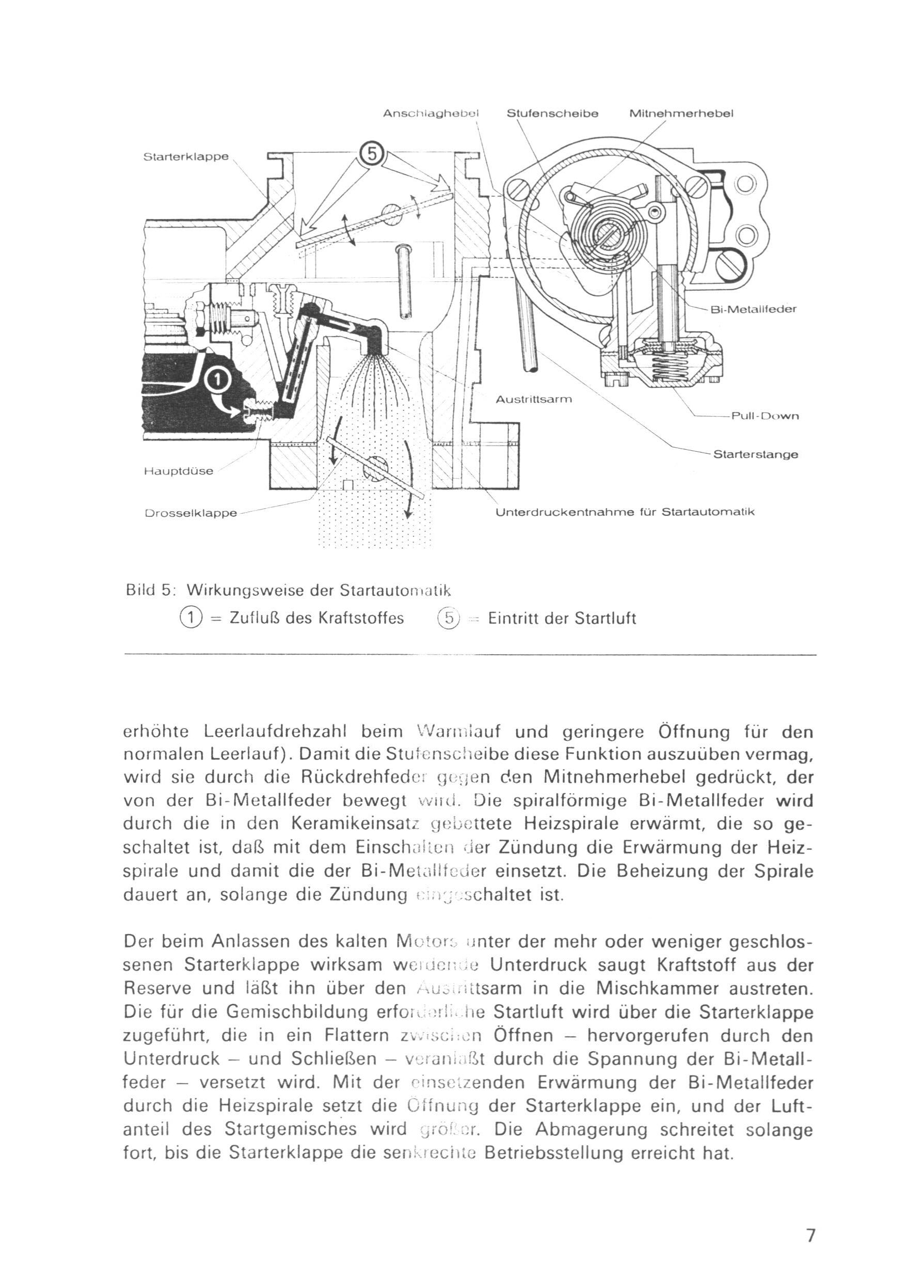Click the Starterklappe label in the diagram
[186, 157]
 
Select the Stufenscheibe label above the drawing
[552, 114]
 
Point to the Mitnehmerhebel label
[681, 114]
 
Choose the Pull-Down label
[765, 416]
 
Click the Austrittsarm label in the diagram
[534, 400]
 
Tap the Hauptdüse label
[179, 471]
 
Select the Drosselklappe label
[191, 513]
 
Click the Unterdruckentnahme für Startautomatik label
[625, 512]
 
